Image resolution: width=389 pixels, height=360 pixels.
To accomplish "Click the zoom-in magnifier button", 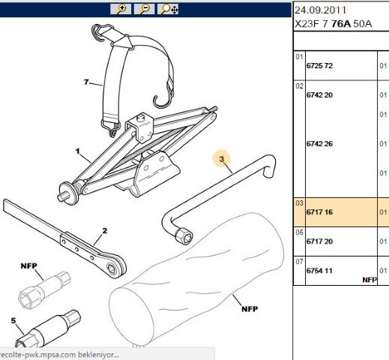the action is pos(121,9).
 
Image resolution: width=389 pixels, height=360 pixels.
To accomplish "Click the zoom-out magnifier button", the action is pos(144,9).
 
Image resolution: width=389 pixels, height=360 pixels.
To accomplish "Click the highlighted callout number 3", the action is pos(222,159).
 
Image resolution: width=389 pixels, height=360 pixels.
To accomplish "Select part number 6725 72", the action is pos(319,66).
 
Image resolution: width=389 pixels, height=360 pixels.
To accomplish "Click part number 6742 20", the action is pos(319,95).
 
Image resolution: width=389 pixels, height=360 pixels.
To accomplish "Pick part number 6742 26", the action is pos(319,144).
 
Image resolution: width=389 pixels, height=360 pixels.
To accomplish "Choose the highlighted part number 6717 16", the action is pos(319,212).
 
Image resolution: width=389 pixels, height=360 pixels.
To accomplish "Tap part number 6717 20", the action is pos(319,241).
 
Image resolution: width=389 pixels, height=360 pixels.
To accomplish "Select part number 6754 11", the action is pos(319,271).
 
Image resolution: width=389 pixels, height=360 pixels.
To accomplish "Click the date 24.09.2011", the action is pos(321,10).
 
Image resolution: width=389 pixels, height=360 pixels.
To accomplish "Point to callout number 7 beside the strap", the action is pos(86,82).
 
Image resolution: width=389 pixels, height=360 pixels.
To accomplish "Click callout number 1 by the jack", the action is pos(78,151).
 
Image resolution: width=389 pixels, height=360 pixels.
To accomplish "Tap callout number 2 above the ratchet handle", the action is pos(105,231).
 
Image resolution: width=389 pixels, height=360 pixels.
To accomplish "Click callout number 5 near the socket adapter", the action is pos(13,320).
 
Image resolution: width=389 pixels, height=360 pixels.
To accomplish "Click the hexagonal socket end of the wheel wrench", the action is pos(184,235).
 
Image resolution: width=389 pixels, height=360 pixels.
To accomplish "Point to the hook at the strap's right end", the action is pos(163,100).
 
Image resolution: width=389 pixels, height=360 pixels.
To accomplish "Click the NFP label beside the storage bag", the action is pos(250,309).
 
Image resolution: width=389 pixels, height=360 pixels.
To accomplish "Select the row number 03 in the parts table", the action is pos(299,203).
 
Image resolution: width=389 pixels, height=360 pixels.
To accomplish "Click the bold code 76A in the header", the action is pos(341,24).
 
